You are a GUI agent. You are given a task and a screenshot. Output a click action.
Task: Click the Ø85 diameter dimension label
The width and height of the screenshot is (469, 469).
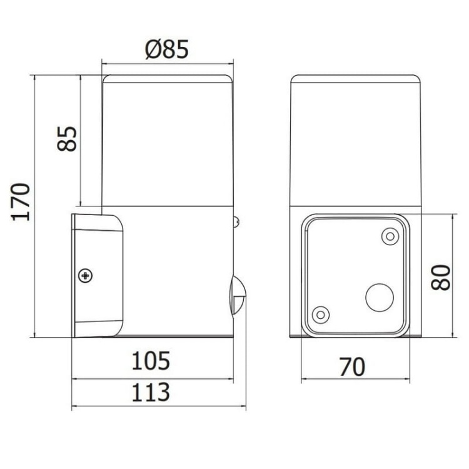click(x=167, y=49)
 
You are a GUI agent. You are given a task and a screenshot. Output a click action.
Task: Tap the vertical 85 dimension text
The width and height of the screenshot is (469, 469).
click(x=67, y=139)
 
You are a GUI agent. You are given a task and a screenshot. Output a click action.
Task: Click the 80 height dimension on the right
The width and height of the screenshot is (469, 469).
click(x=441, y=276)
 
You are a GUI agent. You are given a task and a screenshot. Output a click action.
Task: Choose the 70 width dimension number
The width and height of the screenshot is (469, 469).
click(x=352, y=366)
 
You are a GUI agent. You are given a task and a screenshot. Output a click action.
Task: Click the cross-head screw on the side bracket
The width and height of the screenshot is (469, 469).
click(x=85, y=276)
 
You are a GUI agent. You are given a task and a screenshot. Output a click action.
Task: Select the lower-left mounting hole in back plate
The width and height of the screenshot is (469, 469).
click(x=320, y=314)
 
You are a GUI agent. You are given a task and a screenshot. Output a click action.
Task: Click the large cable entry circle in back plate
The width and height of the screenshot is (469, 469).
click(x=379, y=296)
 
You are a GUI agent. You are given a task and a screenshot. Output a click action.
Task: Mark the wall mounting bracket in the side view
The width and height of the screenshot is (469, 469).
click(x=97, y=275)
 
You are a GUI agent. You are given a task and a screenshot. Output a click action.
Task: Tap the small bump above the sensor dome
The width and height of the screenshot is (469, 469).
click(x=236, y=221)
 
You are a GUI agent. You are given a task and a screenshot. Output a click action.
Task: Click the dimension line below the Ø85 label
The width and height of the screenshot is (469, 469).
click(x=167, y=63)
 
